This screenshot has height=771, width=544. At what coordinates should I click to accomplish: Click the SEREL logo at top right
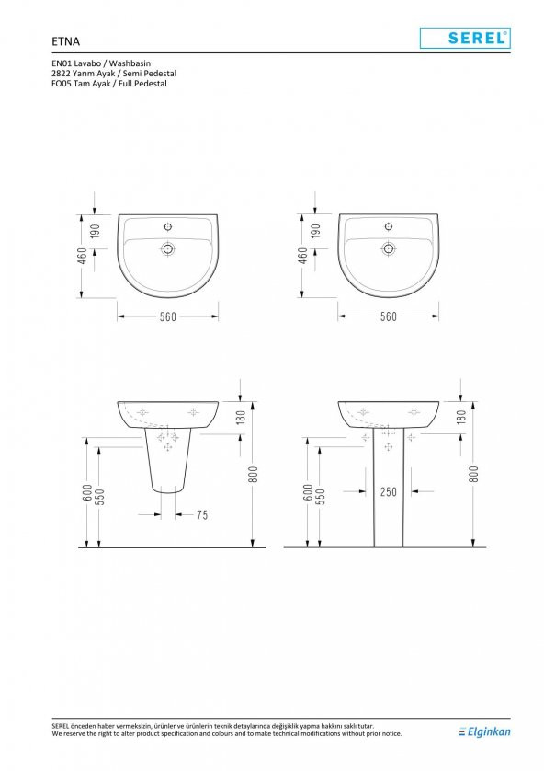pyautogui.click(x=465, y=38)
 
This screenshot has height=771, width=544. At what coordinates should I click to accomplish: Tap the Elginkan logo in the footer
pyautogui.click(x=484, y=731)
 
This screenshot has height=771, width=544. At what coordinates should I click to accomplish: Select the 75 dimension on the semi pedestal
pyautogui.click(x=201, y=515)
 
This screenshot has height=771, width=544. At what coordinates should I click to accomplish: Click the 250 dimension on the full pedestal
pyautogui.click(x=389, y=492)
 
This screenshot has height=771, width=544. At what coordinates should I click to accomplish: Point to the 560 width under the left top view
pyautogui.click(x=167, y=316)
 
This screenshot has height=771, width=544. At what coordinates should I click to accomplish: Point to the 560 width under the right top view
pyautogui.click(x=389, y=316)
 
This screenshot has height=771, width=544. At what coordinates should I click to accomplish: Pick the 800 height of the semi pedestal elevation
pyautogui.click(x=253, y=474)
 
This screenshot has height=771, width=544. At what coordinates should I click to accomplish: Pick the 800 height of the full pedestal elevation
pyautogui.click(x=473, y=474)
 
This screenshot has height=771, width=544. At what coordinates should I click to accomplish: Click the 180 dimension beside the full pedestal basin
pyautogui.click(x=461, y=416)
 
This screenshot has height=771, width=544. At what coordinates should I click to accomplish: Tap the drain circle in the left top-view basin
pyautogui.click(x=168, y=248)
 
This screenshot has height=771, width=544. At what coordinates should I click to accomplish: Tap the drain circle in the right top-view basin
pyautogui.click(x=389, y=248)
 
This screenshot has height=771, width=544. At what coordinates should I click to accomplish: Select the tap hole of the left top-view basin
pyautogui.click(x=168, y=225)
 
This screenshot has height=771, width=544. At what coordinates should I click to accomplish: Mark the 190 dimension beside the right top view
pyautogui.click(x=315, y=231)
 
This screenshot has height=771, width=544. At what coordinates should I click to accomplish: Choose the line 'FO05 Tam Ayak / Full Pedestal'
pyautogui.click(x=104, y=83)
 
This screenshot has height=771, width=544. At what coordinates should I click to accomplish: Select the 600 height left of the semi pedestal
pyautogui.click(x=87, y=494)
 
